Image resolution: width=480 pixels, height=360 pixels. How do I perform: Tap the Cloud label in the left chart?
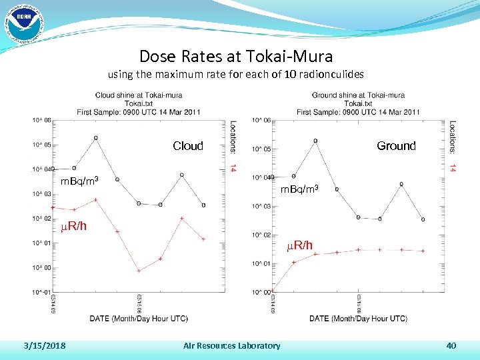tap(187, 146)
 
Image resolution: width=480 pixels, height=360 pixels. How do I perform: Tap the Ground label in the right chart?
tap(396, 146)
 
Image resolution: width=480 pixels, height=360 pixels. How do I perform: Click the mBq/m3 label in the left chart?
tap(80, 181)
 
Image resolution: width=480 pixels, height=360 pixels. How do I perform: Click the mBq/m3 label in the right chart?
tap(299, 190)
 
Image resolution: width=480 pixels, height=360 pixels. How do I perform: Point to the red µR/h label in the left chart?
tap(73, 226)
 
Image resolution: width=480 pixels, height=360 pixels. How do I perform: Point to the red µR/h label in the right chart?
tap(299, 245)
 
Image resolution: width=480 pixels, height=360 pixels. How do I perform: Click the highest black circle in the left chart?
tap(95, 138)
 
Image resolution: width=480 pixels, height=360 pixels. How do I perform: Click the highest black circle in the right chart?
tap(315, 141)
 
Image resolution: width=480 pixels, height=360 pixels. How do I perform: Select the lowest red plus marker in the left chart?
tap(139, 271)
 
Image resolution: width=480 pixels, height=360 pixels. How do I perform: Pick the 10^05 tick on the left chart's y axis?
tap(41, 145)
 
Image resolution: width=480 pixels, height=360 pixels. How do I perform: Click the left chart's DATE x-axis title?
tap(139, 319)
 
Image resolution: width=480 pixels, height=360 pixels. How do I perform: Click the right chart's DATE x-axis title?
tap(358, 319)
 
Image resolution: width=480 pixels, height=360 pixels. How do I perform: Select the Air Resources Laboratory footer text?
tap(231, 345)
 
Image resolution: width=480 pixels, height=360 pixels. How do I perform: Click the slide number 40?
tap(451, 345)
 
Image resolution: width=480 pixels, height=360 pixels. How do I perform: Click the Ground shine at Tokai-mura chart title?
tap(358, 95)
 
